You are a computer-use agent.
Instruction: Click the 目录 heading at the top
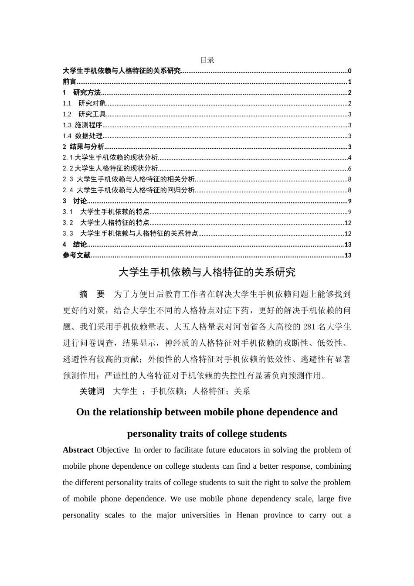207,60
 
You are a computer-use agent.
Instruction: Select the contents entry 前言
69,82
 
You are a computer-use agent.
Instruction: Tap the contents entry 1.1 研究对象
85,103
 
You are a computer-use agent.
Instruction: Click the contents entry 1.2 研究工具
85,114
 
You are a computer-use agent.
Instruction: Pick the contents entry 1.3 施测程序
82,125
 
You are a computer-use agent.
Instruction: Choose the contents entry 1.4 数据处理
82,136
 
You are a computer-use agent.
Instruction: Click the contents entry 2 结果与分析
83,147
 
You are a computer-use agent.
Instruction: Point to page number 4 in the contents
350,158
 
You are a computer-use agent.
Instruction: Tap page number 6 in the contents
350,169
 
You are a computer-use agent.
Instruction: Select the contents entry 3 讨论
75,201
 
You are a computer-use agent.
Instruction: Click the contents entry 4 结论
75,245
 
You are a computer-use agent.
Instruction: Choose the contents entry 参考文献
76,256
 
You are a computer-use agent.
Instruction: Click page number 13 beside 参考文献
348,256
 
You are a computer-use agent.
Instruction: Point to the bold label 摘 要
92,294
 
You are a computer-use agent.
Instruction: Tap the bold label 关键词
92,392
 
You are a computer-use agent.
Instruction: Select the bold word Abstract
78,450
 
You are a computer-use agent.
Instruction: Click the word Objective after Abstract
113,450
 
